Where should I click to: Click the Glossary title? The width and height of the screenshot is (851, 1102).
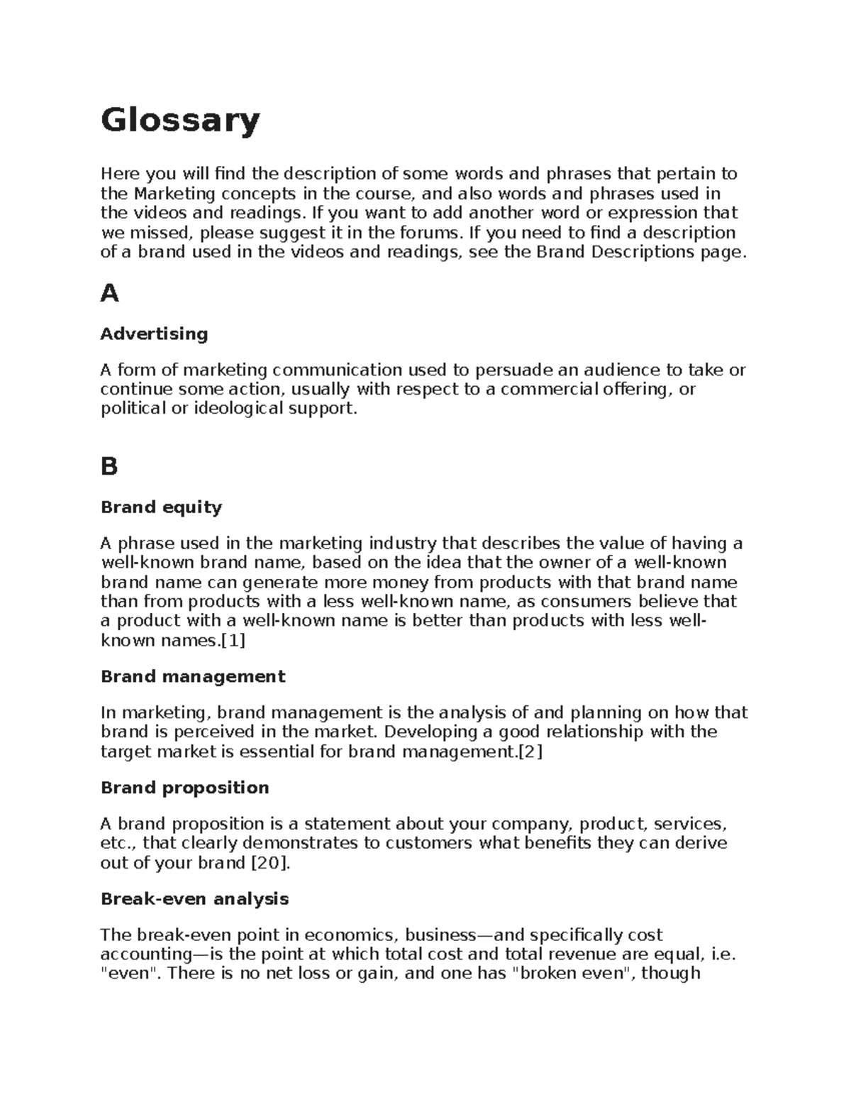180,121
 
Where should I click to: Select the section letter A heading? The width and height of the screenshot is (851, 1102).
109,293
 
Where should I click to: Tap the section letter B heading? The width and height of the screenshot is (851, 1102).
109,466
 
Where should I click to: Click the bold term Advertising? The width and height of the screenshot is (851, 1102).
154,334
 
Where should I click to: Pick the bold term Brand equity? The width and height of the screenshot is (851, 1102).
161,507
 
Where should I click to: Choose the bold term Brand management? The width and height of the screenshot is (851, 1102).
192,676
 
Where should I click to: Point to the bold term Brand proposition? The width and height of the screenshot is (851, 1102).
184,788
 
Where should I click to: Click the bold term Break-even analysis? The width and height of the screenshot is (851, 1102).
194,899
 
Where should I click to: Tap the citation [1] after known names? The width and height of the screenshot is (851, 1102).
233,641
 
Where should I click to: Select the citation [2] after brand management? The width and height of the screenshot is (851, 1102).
530,751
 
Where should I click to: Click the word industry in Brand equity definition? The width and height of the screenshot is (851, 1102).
403,544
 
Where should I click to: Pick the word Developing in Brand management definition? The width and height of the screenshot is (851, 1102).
433,732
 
